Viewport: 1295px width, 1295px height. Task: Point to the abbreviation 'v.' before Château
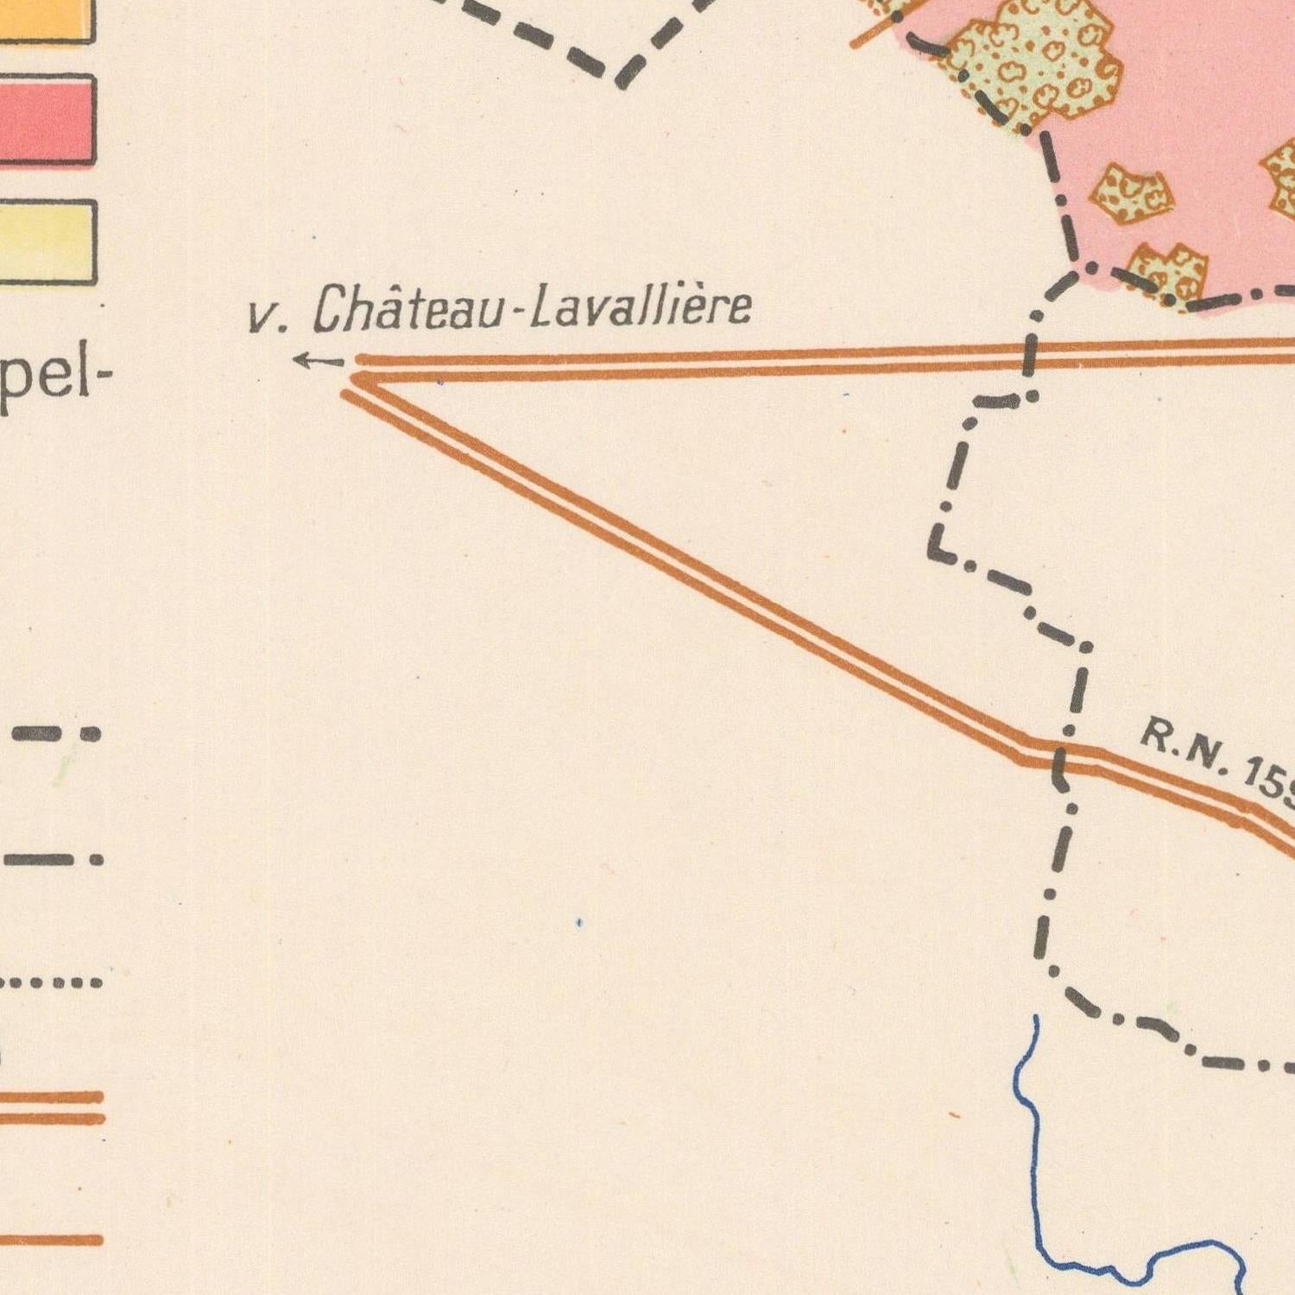pyautogui.click(x=267, y=319)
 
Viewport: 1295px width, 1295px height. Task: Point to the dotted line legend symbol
pyautogui.click(x=52, y=982)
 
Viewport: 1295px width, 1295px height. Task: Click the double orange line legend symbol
pyautogui.click(x=52, y=1108)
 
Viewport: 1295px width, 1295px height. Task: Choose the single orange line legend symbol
pyautogui.click(x=52, y=1241)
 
